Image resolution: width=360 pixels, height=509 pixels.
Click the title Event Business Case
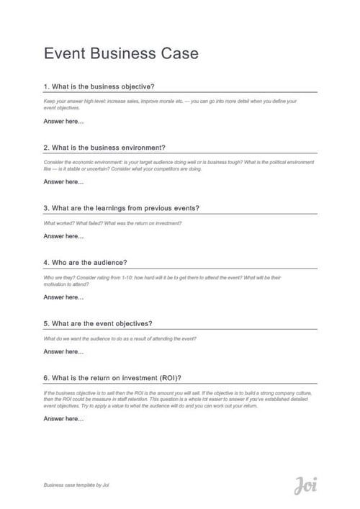121,53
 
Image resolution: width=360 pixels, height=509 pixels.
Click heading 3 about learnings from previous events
121,208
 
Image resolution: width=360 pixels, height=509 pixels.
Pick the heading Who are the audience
90,262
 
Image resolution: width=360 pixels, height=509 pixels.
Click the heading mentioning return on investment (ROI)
112,377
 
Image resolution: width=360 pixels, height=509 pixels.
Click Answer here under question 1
63,121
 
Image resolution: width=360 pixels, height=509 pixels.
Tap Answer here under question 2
63,182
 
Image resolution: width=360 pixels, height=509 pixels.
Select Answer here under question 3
63,236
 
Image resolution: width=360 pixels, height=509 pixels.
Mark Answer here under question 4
63,297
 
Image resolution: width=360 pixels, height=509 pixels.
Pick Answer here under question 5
63,352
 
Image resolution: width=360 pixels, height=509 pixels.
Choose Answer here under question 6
63,419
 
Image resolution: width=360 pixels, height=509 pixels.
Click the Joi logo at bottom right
305,485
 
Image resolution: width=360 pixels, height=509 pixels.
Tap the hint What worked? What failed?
112,223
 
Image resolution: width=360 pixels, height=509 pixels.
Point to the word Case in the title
179,53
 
